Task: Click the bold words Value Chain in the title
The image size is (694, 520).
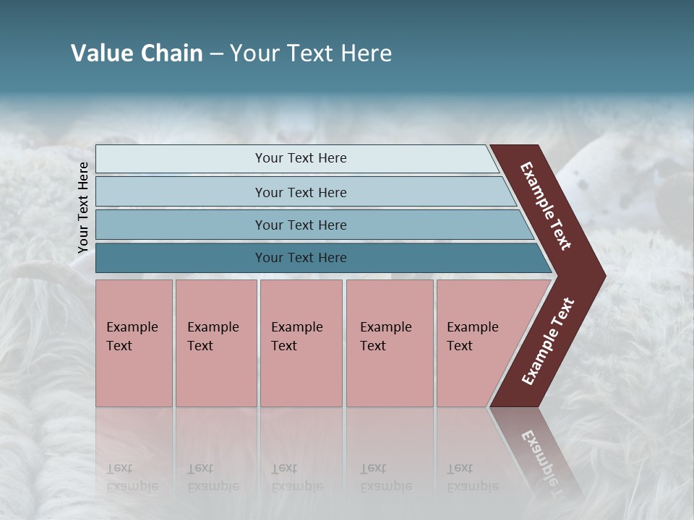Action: (x=137, y=53)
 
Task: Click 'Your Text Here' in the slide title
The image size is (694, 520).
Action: (x=311, y=53)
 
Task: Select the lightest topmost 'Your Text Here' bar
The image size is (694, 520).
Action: (x=300, y=158)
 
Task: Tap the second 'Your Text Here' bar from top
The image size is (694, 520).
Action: (x=300, y=192)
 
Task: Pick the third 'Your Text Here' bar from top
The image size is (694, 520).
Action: (x=300, y=225)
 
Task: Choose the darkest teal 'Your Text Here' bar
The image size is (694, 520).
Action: (x=300, y=258)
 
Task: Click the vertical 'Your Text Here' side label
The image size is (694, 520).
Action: (x=83, y=207)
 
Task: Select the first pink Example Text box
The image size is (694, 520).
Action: (x=134, y=343)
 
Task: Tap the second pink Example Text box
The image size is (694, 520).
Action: (x=215, y=343)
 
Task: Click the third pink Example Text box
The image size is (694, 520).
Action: (x=301, y=343)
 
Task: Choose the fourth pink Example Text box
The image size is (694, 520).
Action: (x=389, y=343)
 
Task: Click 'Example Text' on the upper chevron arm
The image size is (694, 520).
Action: (x=546, y=206)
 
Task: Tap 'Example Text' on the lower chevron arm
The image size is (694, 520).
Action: (x=548, y=341)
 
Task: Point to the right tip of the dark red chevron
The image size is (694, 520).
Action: (x=604, y=276)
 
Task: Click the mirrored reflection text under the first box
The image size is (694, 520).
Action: (x=132, y=478)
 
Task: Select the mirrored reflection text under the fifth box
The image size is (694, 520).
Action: (x=473, y=478)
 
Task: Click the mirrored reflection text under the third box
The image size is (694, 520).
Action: (x=297, y=478)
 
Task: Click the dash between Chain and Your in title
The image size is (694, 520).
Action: (x=216, y=53)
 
